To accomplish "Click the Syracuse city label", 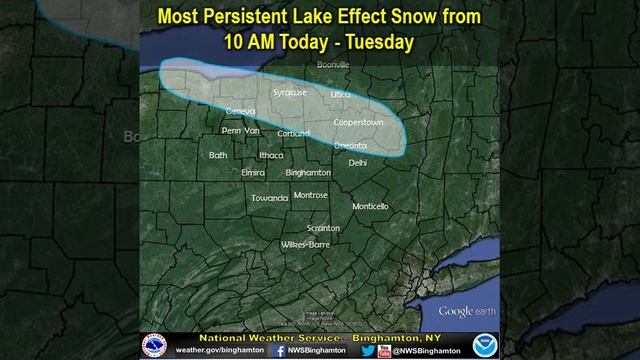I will (x=289, y=92).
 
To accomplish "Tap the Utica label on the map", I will (x=341, y=93).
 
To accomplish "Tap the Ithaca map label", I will (x=271, y=155).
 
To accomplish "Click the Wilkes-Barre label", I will (x=305, y=243).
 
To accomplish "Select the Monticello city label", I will (x=370, y=206).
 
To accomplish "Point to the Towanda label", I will (x=269, y=197).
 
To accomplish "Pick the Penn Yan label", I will (x=240, y=130).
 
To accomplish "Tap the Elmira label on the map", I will (x=253, y=172).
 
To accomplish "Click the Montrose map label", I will (x=311, y=195).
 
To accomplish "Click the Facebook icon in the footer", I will (x=280, y=350).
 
